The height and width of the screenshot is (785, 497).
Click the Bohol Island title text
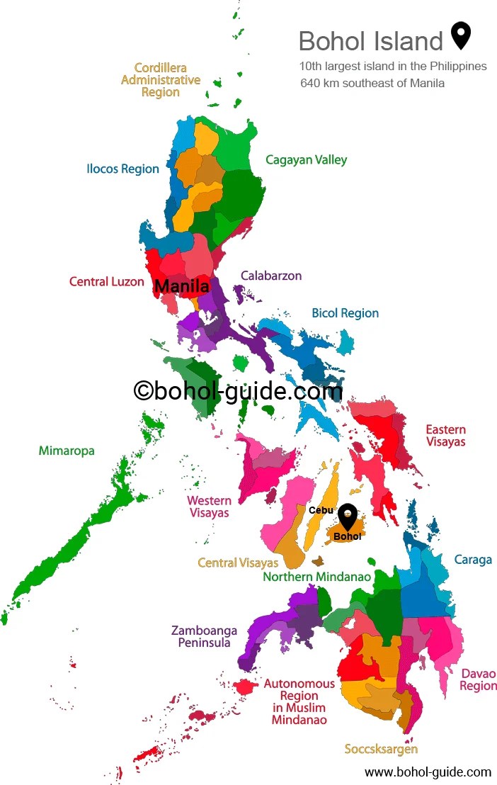[x=370, y=41]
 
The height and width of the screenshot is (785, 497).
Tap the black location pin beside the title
[x=461, y=35]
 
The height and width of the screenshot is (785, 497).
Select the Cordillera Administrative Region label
[x=161, y=80]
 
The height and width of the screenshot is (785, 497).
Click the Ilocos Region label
[x=122, y=169]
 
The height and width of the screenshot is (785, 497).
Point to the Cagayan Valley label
[x=306, y=160]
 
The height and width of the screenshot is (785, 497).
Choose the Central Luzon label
[x=106, y=282]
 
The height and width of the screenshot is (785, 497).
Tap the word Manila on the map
[x=181, y=287]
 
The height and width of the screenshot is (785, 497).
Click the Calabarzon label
[x=271, y=276]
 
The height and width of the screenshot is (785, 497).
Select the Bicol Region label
[x=345, y=313]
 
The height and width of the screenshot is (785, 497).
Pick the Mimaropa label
[x=67, y=451]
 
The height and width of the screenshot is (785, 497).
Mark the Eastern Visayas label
[x=445, y=435]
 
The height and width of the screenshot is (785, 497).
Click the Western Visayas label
[x=209, y=507]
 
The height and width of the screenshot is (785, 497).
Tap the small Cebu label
[x=321, y=510]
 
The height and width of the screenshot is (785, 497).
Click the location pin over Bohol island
[x=347, y=515]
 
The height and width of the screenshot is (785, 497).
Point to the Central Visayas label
[x=237, y=563]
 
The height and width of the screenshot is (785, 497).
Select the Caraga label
[x=473, y=560]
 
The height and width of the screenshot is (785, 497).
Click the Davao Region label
[x=478, y=679]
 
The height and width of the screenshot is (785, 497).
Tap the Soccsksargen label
[x=381, y=749]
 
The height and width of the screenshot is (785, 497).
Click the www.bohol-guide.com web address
[x=428, y=772]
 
